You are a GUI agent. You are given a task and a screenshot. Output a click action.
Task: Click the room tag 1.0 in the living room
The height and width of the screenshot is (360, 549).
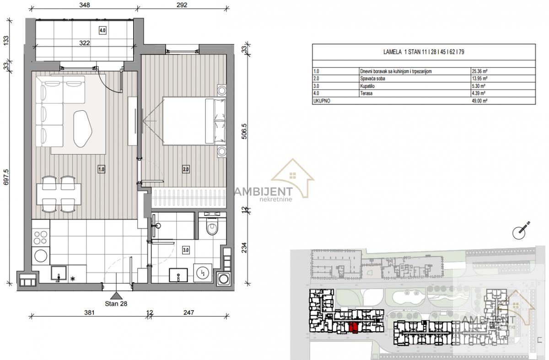tap(101, 169)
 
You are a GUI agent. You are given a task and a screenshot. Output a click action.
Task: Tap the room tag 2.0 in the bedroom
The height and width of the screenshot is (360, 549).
tap(186, 169)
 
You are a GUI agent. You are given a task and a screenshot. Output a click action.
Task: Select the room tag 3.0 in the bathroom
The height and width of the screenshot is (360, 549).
tap(186, 250)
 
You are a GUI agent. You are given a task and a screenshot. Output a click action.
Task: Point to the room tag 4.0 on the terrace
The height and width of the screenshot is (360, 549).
tap(102, 30)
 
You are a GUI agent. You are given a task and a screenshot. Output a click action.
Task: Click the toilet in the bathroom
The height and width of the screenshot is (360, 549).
tap(212, 226)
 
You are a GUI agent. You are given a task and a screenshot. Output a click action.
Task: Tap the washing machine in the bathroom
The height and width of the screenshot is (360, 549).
tap(203, 273)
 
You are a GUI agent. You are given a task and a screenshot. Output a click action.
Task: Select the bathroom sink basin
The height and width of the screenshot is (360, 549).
tap(178, 275)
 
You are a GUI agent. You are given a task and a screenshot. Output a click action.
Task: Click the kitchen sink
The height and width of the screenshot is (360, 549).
tap(59, 273)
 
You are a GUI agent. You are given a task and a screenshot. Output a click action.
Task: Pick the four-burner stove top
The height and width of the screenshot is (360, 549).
tap(40, 237)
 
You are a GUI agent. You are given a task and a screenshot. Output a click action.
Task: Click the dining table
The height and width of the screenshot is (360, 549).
tap(59, 194)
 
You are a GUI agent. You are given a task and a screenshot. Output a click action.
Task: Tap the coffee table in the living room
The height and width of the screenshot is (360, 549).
tap(83, 129)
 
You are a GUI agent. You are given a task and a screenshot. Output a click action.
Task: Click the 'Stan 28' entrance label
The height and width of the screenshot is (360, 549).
tap(116, 304)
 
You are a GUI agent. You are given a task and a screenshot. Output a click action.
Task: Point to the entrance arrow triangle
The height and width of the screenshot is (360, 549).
tap(116, 296)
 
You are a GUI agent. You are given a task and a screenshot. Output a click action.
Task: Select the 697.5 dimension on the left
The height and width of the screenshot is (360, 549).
tap(6, 177)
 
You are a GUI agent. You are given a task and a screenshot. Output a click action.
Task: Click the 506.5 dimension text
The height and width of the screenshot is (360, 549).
tap(244, 131)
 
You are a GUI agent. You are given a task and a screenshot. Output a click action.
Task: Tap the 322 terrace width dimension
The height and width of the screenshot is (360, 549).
tap(85, 43)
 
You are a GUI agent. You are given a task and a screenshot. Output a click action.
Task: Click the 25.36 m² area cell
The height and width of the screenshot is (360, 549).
tap(479, 71)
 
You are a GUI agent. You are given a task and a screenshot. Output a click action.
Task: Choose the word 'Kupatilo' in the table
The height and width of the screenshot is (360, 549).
tap(367, 86)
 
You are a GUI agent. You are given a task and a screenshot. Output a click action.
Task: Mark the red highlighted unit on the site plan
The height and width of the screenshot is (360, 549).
tap(353, 328)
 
